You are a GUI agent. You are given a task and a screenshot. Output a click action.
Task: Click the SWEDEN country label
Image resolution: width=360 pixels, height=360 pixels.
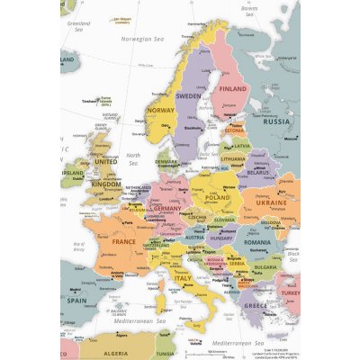pyautogui.click(x=188, y=94)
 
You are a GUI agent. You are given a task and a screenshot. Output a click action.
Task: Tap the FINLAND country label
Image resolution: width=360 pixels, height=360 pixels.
pyautogui.click(x=233, y=89)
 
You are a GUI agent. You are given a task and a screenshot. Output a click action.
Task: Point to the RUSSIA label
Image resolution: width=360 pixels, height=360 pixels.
pyautogui.click(x=282, y=121)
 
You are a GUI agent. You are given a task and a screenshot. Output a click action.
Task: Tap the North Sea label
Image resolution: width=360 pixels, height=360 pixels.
pyautogui.click(x=133, y=158)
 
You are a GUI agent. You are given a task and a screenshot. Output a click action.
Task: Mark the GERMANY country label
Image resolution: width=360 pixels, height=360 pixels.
pyautogui.click(x=167, y=208)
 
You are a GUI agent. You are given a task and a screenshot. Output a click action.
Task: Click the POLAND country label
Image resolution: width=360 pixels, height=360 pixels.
pyautogui.click(x=217, y=196)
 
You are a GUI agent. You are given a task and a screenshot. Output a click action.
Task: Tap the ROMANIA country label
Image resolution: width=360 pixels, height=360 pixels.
pyautogui.click(x=256, y=243)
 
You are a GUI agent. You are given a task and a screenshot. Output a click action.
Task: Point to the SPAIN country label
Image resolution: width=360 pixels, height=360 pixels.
pyautogui.click(x=77, y=301)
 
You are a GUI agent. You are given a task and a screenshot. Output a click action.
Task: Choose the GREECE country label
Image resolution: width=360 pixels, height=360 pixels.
pyautogui.click(x=256, y=305)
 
